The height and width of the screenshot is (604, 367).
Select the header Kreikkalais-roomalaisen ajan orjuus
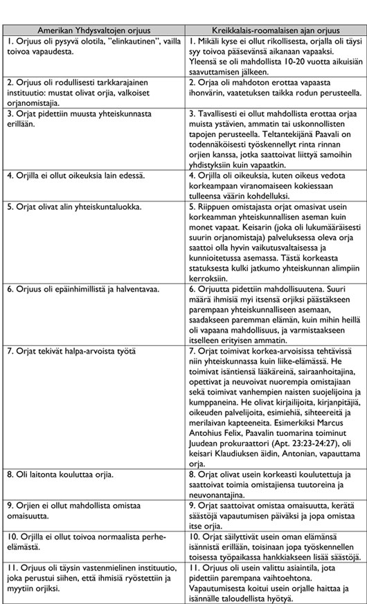point(275,33)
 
